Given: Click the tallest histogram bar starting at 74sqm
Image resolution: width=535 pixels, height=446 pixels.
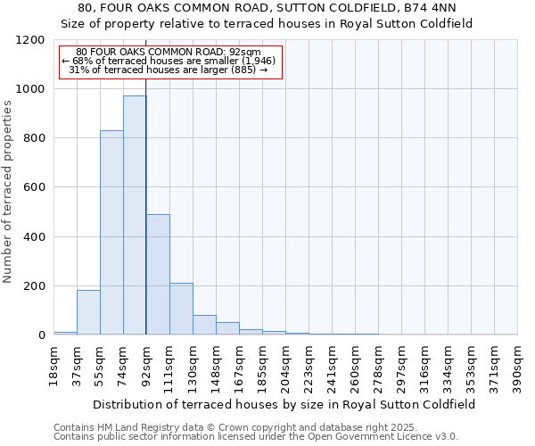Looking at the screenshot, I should (135, 215).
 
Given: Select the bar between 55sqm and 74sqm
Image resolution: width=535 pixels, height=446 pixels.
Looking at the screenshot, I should (111, 233).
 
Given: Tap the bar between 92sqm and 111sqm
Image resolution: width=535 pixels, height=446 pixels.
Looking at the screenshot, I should (158, 275).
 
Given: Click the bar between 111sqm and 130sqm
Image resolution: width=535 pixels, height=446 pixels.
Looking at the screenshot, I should (181, 309).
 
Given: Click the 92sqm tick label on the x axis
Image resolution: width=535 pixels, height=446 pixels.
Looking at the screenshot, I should (146, 365).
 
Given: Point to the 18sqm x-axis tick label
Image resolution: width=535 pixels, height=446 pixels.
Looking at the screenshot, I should (53, 365).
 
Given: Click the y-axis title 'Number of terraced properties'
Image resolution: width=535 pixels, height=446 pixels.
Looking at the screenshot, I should (8, 192).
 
